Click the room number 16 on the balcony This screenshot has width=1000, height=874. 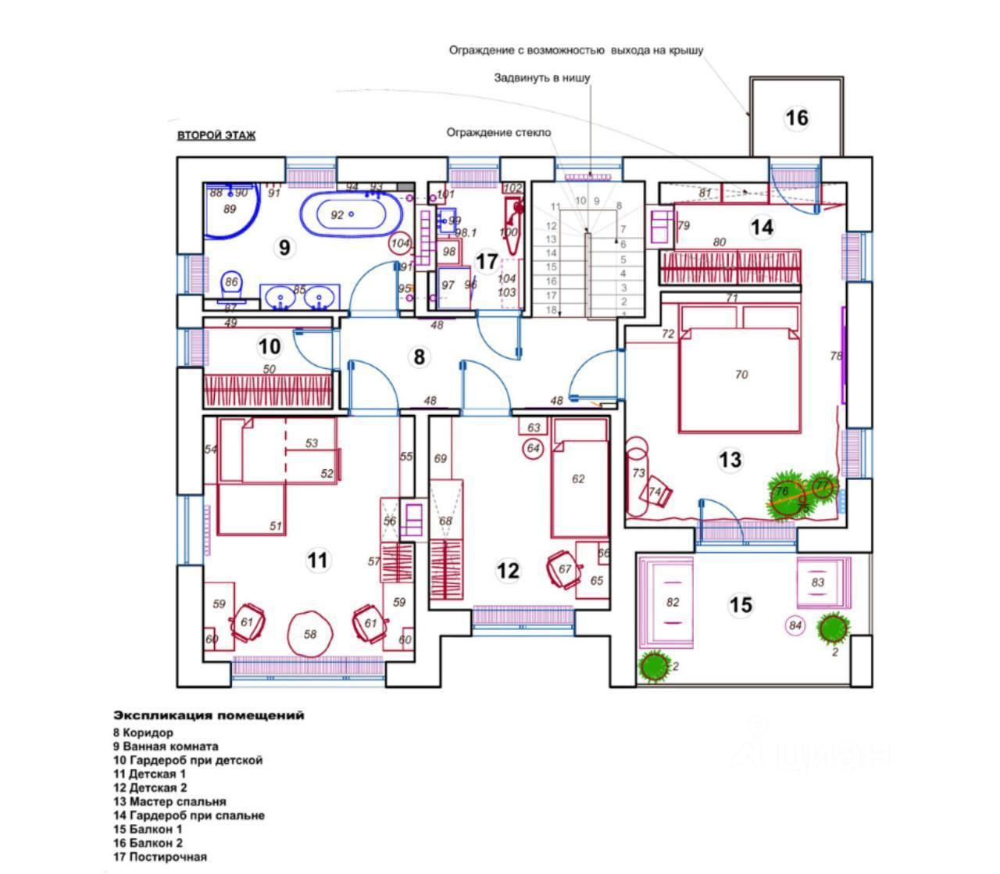796,118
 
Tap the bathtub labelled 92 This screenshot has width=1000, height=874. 351,213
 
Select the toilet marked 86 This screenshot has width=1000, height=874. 232,285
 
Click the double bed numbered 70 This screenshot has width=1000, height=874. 740,375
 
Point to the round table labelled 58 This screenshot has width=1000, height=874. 310,634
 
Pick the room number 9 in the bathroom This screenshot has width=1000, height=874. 284,247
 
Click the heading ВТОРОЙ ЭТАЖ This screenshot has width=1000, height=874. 216,135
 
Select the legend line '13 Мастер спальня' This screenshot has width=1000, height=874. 170,801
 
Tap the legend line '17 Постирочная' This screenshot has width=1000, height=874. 160,857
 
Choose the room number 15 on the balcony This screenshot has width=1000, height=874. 740,604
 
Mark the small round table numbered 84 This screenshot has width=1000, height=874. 795,625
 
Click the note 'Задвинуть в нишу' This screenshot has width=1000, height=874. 541,78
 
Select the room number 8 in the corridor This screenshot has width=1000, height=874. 420,357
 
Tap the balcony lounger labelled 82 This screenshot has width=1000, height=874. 671,602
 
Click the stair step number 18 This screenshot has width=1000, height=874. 551,310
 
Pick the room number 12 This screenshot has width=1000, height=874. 508,570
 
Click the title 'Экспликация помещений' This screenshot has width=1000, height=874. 209,715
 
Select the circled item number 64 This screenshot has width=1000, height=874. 534,448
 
